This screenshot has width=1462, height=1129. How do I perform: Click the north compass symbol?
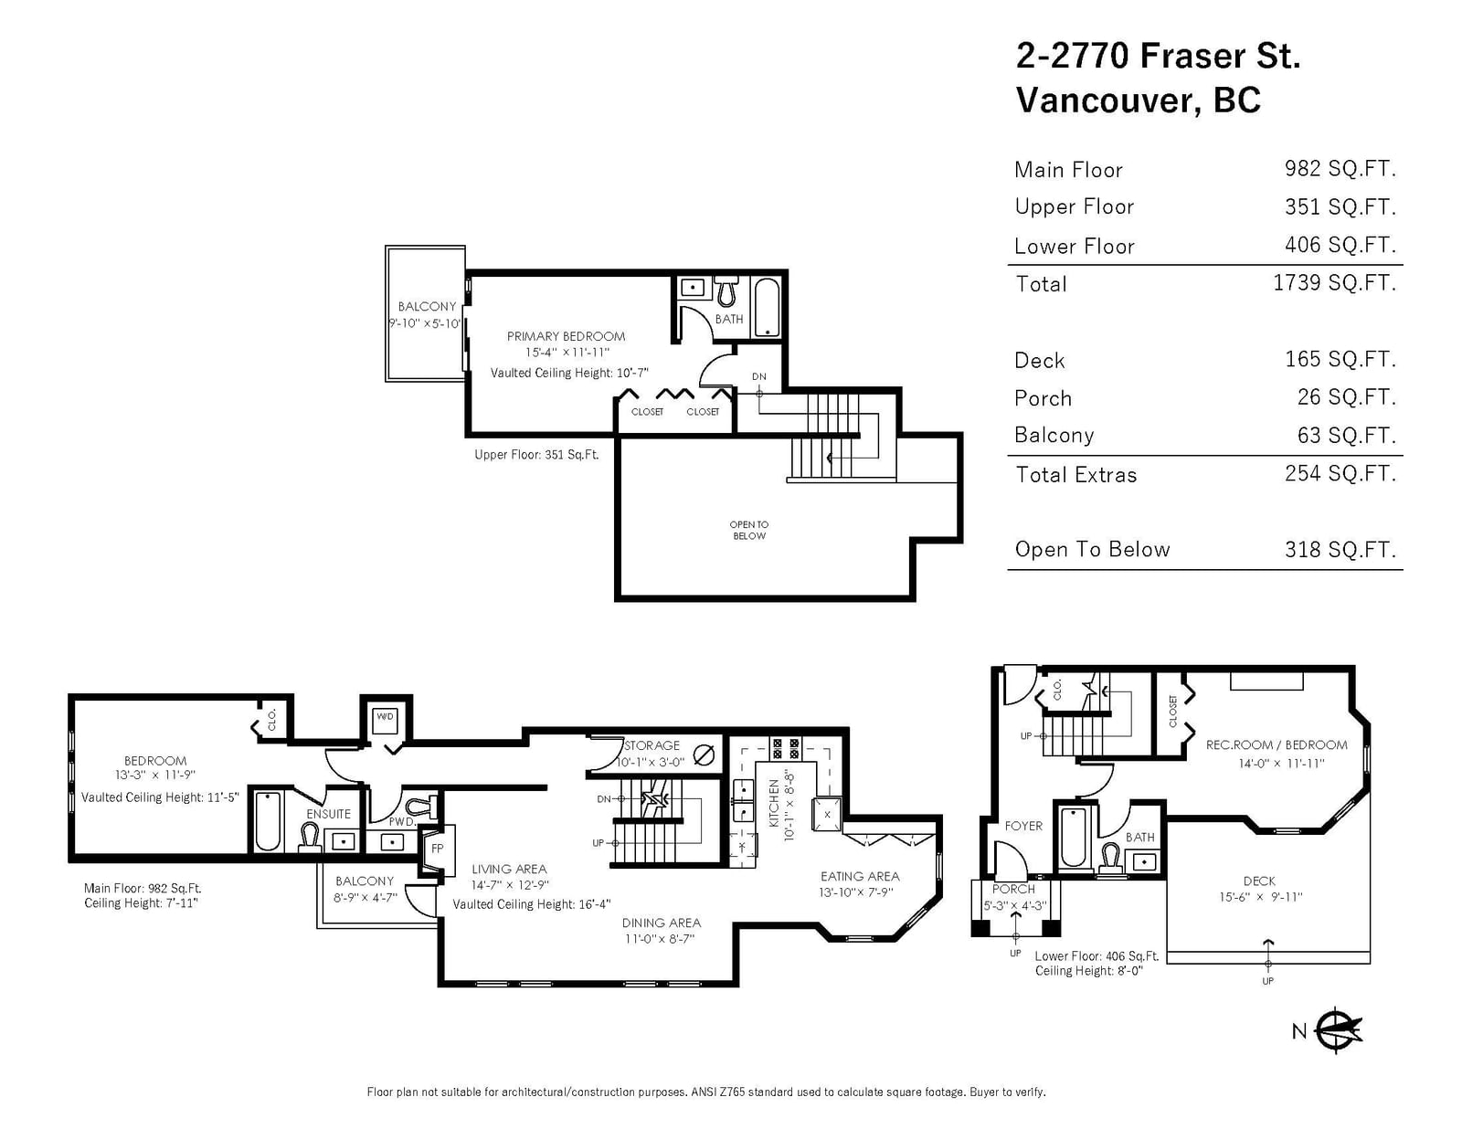coord(1338,1029)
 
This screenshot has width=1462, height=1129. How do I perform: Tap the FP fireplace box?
coord(438,849)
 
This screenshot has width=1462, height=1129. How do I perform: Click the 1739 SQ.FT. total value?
coord(1334,282)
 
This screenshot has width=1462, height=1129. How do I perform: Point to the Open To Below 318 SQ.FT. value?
coord(1340,549)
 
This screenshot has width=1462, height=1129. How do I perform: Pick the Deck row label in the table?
coord(1040,361)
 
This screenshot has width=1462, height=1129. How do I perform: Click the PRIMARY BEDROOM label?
coord(566,336)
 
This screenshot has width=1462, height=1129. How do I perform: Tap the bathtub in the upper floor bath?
coord(767,307)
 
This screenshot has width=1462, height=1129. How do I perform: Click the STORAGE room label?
coord(652,745)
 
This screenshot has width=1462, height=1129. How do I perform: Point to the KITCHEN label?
coord(774,803)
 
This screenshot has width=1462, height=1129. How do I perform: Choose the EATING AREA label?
coord(860,876)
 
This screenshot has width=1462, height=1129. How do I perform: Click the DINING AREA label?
coord(662,923)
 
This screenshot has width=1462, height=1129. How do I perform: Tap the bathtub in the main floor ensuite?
coord(268,821)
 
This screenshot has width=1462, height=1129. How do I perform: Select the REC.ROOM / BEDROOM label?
coord(1277,744)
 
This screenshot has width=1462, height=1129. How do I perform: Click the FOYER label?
coord(1023,826)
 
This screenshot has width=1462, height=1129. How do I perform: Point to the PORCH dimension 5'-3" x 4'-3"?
coord(1015,905)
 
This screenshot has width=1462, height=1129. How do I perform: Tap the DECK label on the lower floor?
coord(1259,881)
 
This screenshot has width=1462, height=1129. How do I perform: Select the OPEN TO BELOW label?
coord(749,530)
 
